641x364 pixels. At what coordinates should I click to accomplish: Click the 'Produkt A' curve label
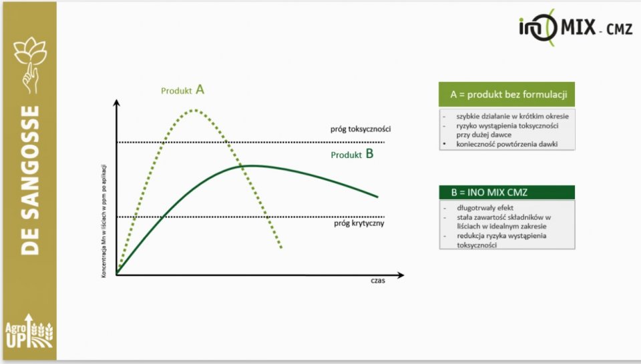pyautogui.click(x=182, y=90)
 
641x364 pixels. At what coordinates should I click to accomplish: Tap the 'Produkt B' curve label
pyautogui.click(x=352, y=154)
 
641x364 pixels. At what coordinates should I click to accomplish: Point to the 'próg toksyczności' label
pyautogui.click(x=361, y=129)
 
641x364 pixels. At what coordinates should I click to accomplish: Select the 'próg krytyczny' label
pyautogui.click(x=359, y=223)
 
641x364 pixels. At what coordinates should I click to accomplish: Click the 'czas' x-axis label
pyautogui.click(x=378, y=281)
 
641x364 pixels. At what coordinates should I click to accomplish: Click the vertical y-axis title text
pyautogui.click(x=104, y=221)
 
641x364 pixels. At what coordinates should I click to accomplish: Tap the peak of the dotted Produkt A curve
pyautogui.click(x=194, y=110)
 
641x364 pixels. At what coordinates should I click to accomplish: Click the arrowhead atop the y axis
pyautogui.click(x=116, y=103)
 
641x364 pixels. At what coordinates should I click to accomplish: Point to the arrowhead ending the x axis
pyautogui.click(x=400, y=275)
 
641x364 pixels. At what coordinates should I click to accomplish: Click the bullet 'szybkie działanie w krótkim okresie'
pyautogui.click(x=512, y=116)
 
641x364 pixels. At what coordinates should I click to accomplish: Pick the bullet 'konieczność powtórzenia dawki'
pyautogui.click(x=507, y=144)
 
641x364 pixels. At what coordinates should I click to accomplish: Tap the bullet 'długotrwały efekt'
pyautogui.click(x=485, y=208)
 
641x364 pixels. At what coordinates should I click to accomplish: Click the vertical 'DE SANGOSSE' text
pyautogui.click(x=30, y=181)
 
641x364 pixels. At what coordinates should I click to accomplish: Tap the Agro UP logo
pyautogui.click(x=29, y=331)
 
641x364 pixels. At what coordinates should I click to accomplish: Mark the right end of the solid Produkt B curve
pyautogui.click(x=377, y=197)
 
